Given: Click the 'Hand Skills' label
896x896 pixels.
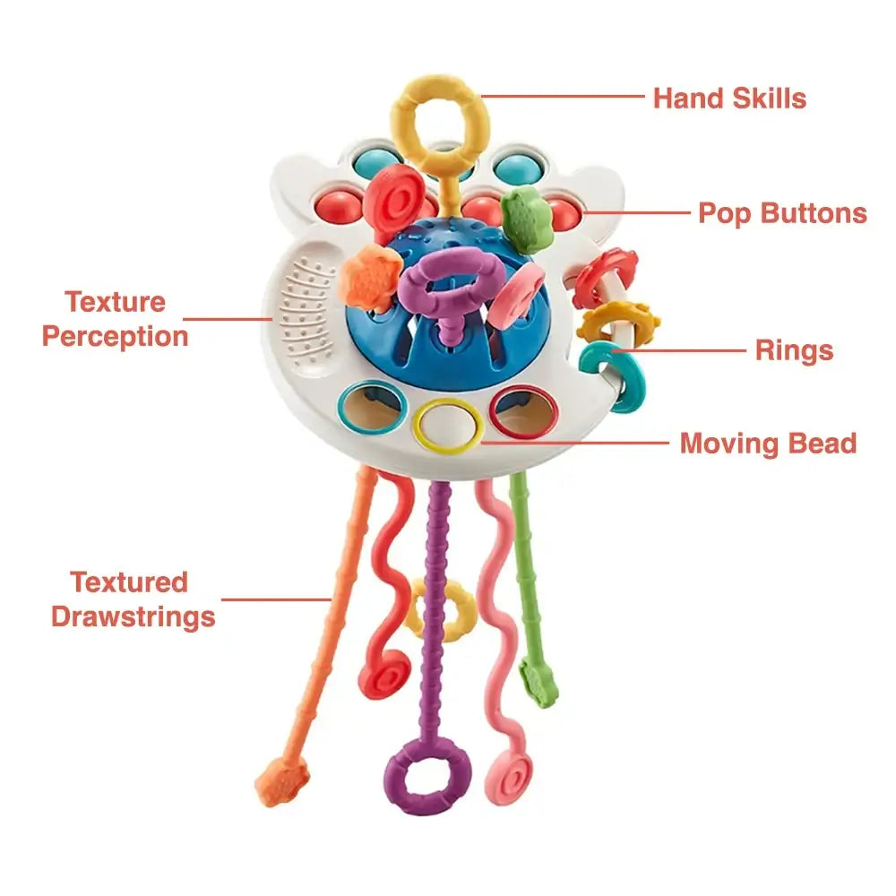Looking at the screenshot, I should coord(729,98).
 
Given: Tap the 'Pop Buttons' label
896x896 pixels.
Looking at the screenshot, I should coord(782,213).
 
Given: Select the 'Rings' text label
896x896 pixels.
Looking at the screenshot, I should coord(794,350).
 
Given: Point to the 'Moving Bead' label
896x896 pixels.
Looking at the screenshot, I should coord(768,443).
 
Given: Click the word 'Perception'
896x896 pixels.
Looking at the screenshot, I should coord(116,337).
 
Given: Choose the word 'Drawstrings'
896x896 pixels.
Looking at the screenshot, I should coord(133,616).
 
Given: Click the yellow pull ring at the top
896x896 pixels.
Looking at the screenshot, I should coord(440,122).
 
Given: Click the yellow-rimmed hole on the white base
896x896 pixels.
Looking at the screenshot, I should coord(447,424).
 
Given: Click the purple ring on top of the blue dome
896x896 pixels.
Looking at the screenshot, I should coord(447,287).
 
